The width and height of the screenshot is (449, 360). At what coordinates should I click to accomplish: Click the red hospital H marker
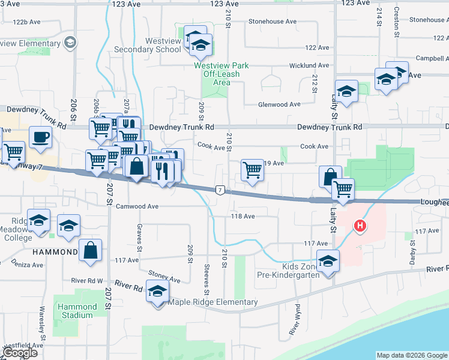coord(360,226)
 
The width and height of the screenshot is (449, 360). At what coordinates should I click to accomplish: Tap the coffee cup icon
coord(40,137)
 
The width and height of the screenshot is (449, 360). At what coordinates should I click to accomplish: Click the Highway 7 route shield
coord(221,190)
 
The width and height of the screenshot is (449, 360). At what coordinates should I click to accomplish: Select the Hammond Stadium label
coord(77,311)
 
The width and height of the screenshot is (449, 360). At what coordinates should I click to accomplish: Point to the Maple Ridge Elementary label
coord(213,302)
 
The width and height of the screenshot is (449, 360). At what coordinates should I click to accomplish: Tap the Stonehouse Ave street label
coord(273,22)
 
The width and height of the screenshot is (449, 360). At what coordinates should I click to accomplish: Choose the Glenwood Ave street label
coord(279,104)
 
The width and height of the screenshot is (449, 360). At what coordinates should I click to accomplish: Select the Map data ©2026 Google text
coord(411,355)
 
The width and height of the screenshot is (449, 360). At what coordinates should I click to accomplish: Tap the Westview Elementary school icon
coord(71,42)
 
